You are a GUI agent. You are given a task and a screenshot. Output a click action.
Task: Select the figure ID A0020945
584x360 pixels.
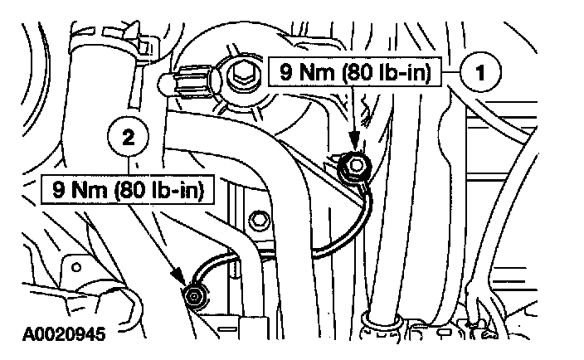[x=56, y=338]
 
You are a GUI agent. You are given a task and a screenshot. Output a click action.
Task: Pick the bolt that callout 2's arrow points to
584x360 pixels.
[x=195, y=296]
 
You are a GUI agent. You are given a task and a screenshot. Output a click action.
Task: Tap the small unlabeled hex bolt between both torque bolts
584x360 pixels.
[x=259, y=220]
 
